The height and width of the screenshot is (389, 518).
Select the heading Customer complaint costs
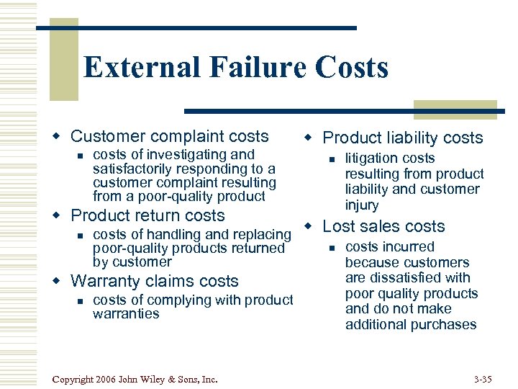click(170, 136)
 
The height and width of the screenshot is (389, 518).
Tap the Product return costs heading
click(147, 215)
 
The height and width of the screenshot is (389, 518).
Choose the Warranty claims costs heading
click(155, 281)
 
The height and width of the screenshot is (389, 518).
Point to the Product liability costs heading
click(403, 138)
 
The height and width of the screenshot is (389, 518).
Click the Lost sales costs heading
click(383, 226)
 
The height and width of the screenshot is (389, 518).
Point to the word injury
click(362, 205)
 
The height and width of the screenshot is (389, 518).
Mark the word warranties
click(126, 314)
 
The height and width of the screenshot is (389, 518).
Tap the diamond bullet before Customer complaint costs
click(60, 136)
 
